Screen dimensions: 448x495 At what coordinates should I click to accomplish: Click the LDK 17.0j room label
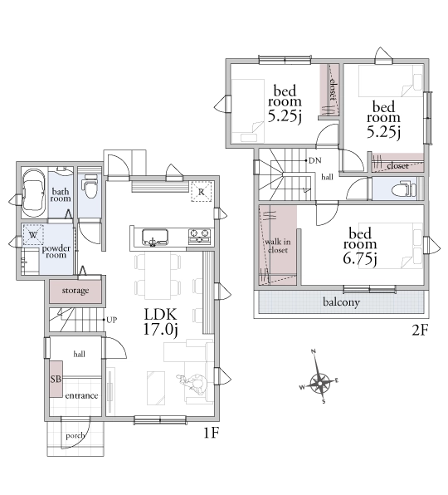161,321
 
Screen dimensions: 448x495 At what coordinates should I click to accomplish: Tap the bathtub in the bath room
33,194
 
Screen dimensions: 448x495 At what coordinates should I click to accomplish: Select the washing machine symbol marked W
33,235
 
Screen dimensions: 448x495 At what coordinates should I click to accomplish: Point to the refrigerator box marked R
202,191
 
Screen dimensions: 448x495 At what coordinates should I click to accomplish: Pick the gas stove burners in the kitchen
199,236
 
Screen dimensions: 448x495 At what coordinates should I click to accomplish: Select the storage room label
75,291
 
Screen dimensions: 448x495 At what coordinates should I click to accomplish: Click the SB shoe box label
56,379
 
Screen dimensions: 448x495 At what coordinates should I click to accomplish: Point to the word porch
75,436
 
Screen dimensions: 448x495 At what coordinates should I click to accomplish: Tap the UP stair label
112,320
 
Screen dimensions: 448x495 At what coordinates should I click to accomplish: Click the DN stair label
314,160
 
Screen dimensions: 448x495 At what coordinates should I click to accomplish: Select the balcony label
341,302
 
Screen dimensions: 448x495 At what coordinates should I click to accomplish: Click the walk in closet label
277,246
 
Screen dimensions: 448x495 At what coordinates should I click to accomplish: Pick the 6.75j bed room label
360,246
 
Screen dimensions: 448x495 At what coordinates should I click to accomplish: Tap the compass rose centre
319,383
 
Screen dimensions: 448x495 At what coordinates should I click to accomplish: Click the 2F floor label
421,331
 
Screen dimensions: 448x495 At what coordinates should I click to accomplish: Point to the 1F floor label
211,433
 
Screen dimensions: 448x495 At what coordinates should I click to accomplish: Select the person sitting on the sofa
193,385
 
